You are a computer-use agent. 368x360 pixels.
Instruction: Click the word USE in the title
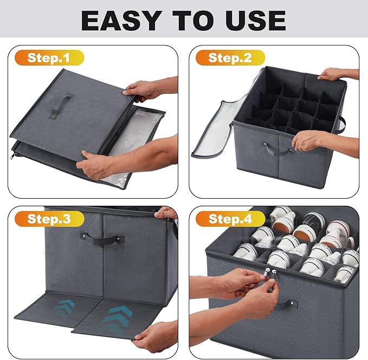(256, 21)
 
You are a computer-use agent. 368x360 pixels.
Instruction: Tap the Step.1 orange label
(49, 58)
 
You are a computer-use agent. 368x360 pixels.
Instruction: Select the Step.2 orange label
(230, 58)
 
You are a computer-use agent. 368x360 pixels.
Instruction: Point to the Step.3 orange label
(49, 219)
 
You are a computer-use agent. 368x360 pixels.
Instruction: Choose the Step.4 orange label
(230, 219)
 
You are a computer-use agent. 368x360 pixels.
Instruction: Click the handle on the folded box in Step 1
(61, 106)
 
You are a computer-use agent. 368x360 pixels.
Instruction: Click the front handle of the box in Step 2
(277, 149)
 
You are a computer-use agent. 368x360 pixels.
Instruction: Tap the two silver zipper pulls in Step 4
(270, 273)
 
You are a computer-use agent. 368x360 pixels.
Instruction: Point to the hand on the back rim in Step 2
(333, 75)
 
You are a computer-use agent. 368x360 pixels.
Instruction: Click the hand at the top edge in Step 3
(165, 213)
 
